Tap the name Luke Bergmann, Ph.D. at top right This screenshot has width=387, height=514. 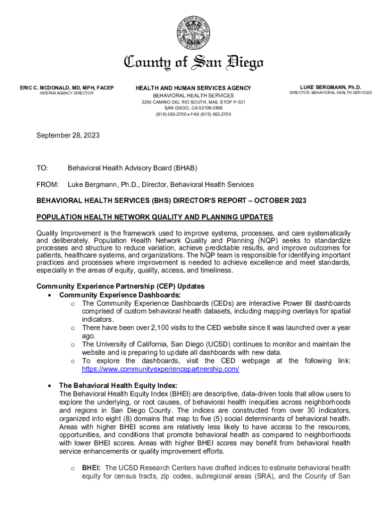(330, 87)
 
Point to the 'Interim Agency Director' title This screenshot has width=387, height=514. (63, 94)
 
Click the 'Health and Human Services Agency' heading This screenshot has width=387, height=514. (193, 88)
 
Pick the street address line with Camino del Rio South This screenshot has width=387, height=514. (193, 102)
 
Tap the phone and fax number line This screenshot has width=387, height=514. (193, 114)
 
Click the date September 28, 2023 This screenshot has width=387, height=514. (68, 136)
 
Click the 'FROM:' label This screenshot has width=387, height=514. (48, 185)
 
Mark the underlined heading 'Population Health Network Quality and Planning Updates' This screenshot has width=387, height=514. (155, 217)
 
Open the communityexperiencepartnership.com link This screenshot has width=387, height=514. (160, 369)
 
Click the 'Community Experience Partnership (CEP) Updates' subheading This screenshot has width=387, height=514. (120, 287)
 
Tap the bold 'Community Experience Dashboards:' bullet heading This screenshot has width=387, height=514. (120, 295)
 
